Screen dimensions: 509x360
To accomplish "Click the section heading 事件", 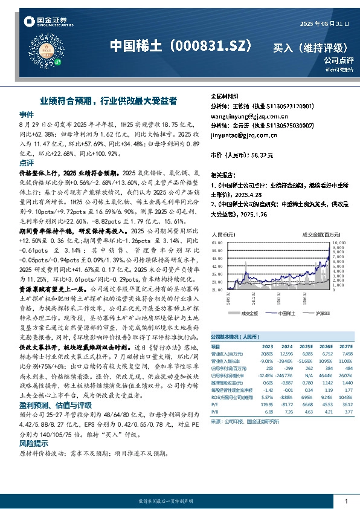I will point(27,114).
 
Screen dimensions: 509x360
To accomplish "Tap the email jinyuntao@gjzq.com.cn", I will point(240,136).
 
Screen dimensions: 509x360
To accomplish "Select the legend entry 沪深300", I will point(320,313).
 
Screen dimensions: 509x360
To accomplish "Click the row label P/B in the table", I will point(215,412).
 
